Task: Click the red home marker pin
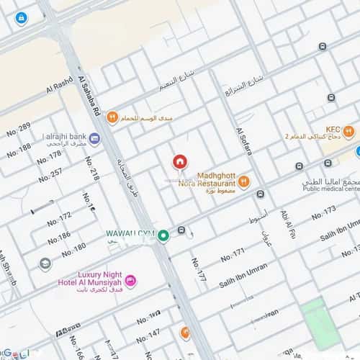[x=180, y=162]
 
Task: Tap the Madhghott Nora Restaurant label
[x=207, y=179]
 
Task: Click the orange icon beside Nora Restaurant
[x=244, y=181]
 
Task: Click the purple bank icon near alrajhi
[x=94, y=138]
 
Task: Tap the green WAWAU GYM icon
[x=163, y=235]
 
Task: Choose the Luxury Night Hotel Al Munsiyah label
[x=89, y=279]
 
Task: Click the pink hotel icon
[x=130, y=280]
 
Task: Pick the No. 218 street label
[x=93, y=168]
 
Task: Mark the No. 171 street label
[x=233, y=254]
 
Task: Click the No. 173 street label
[x=323, y=214]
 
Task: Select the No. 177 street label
[x=199, y=269]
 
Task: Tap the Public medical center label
[x=330, y=190]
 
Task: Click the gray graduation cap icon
[x=45, y=264]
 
